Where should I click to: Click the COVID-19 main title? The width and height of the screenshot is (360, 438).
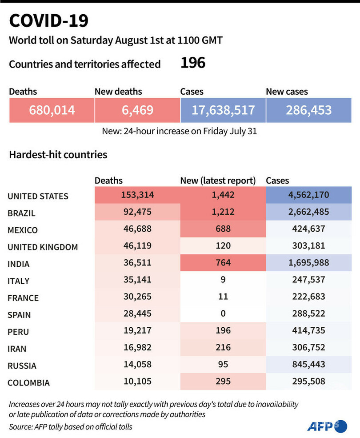(48, 21)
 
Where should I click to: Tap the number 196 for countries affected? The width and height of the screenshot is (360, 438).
(193, 63)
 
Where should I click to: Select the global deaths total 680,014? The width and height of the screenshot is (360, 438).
(52, 110)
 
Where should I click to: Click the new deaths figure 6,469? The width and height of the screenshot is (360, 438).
(137, 110)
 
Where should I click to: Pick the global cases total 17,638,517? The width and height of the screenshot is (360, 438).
(223, 110)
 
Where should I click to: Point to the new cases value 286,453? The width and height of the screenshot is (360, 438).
(308, 110)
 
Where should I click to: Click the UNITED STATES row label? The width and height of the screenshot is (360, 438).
(38, 196)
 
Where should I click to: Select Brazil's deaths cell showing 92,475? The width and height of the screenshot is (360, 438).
(137, 213)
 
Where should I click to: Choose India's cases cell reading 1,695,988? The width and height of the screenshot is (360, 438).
(308, 263)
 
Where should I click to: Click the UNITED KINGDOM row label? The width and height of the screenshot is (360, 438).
(43, 247)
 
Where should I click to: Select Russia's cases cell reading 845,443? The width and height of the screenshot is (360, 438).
(308, 364)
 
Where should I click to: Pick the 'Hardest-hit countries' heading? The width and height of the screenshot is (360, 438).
(58, 155)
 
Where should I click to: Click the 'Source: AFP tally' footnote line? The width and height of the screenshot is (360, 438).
(70, 427)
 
